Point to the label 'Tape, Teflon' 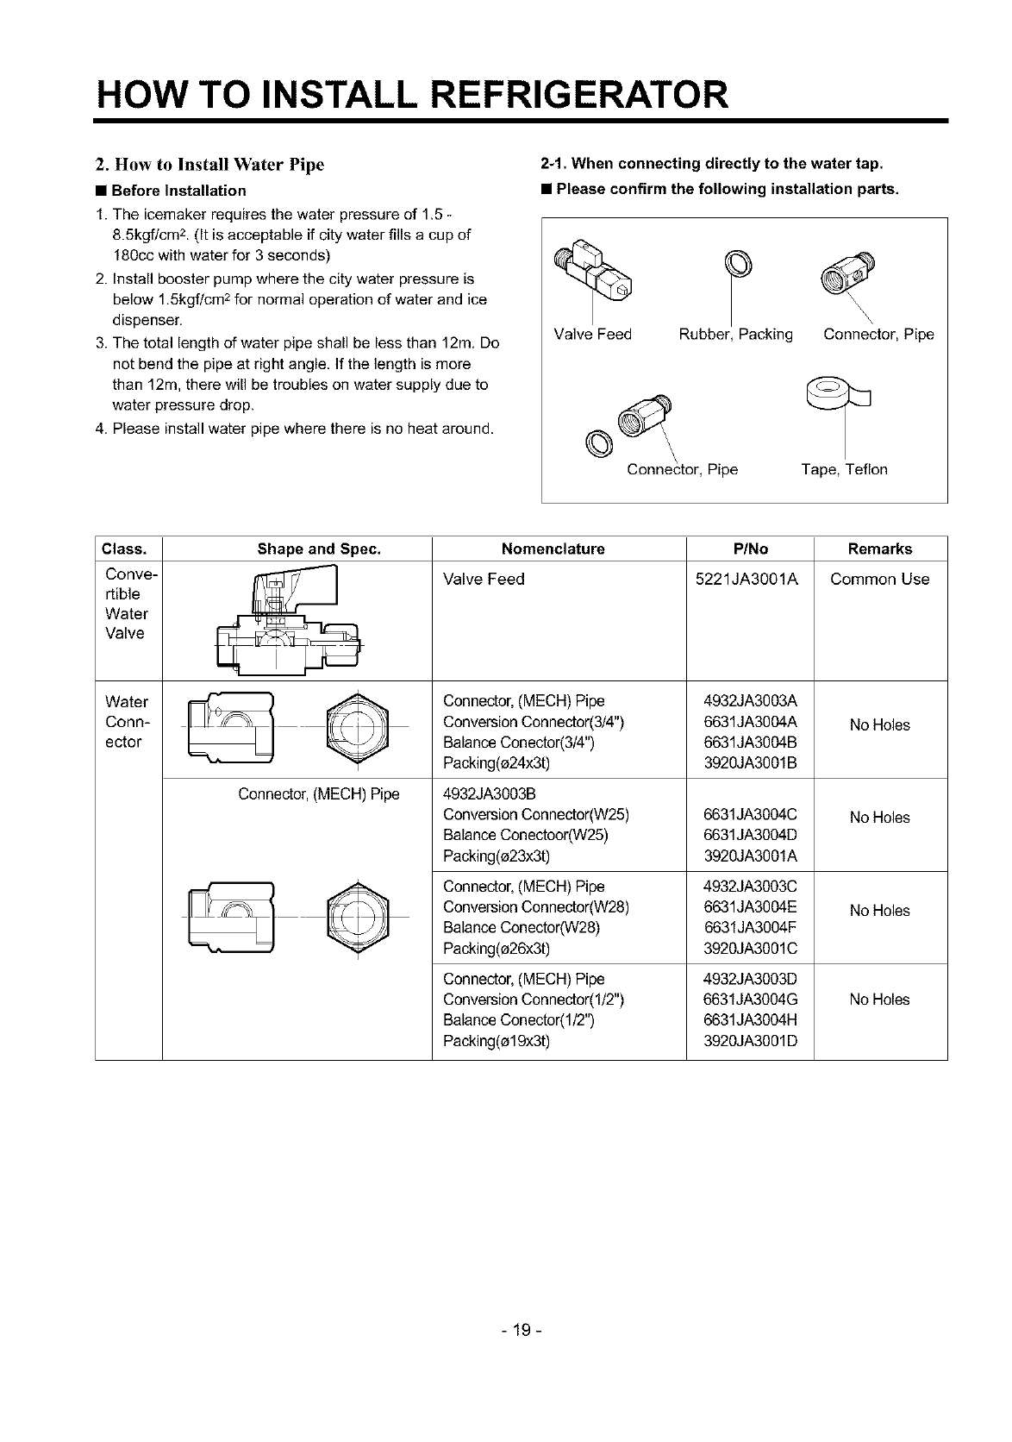844,469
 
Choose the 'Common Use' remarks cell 879,579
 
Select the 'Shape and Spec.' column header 319,549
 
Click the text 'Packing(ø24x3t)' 496,762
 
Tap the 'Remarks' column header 879,549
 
